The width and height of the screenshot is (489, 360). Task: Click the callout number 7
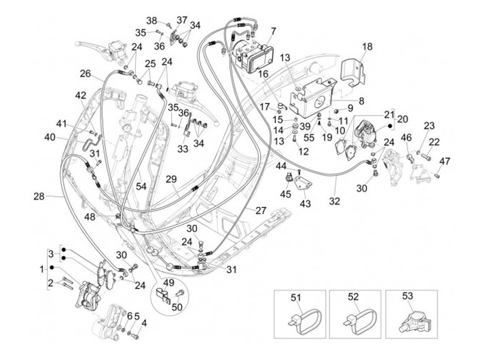pos(272,31)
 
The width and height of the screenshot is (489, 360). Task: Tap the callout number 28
pos(38,196)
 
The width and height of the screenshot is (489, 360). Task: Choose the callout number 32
pos(333,202)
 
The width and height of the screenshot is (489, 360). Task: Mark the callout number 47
pos(445,161)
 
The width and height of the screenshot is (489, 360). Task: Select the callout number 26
pos(86,73)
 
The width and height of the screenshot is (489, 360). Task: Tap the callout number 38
pos(151,20)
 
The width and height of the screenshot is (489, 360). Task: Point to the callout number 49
pos(168,283)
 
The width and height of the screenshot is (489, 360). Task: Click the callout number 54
pos(141,185)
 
